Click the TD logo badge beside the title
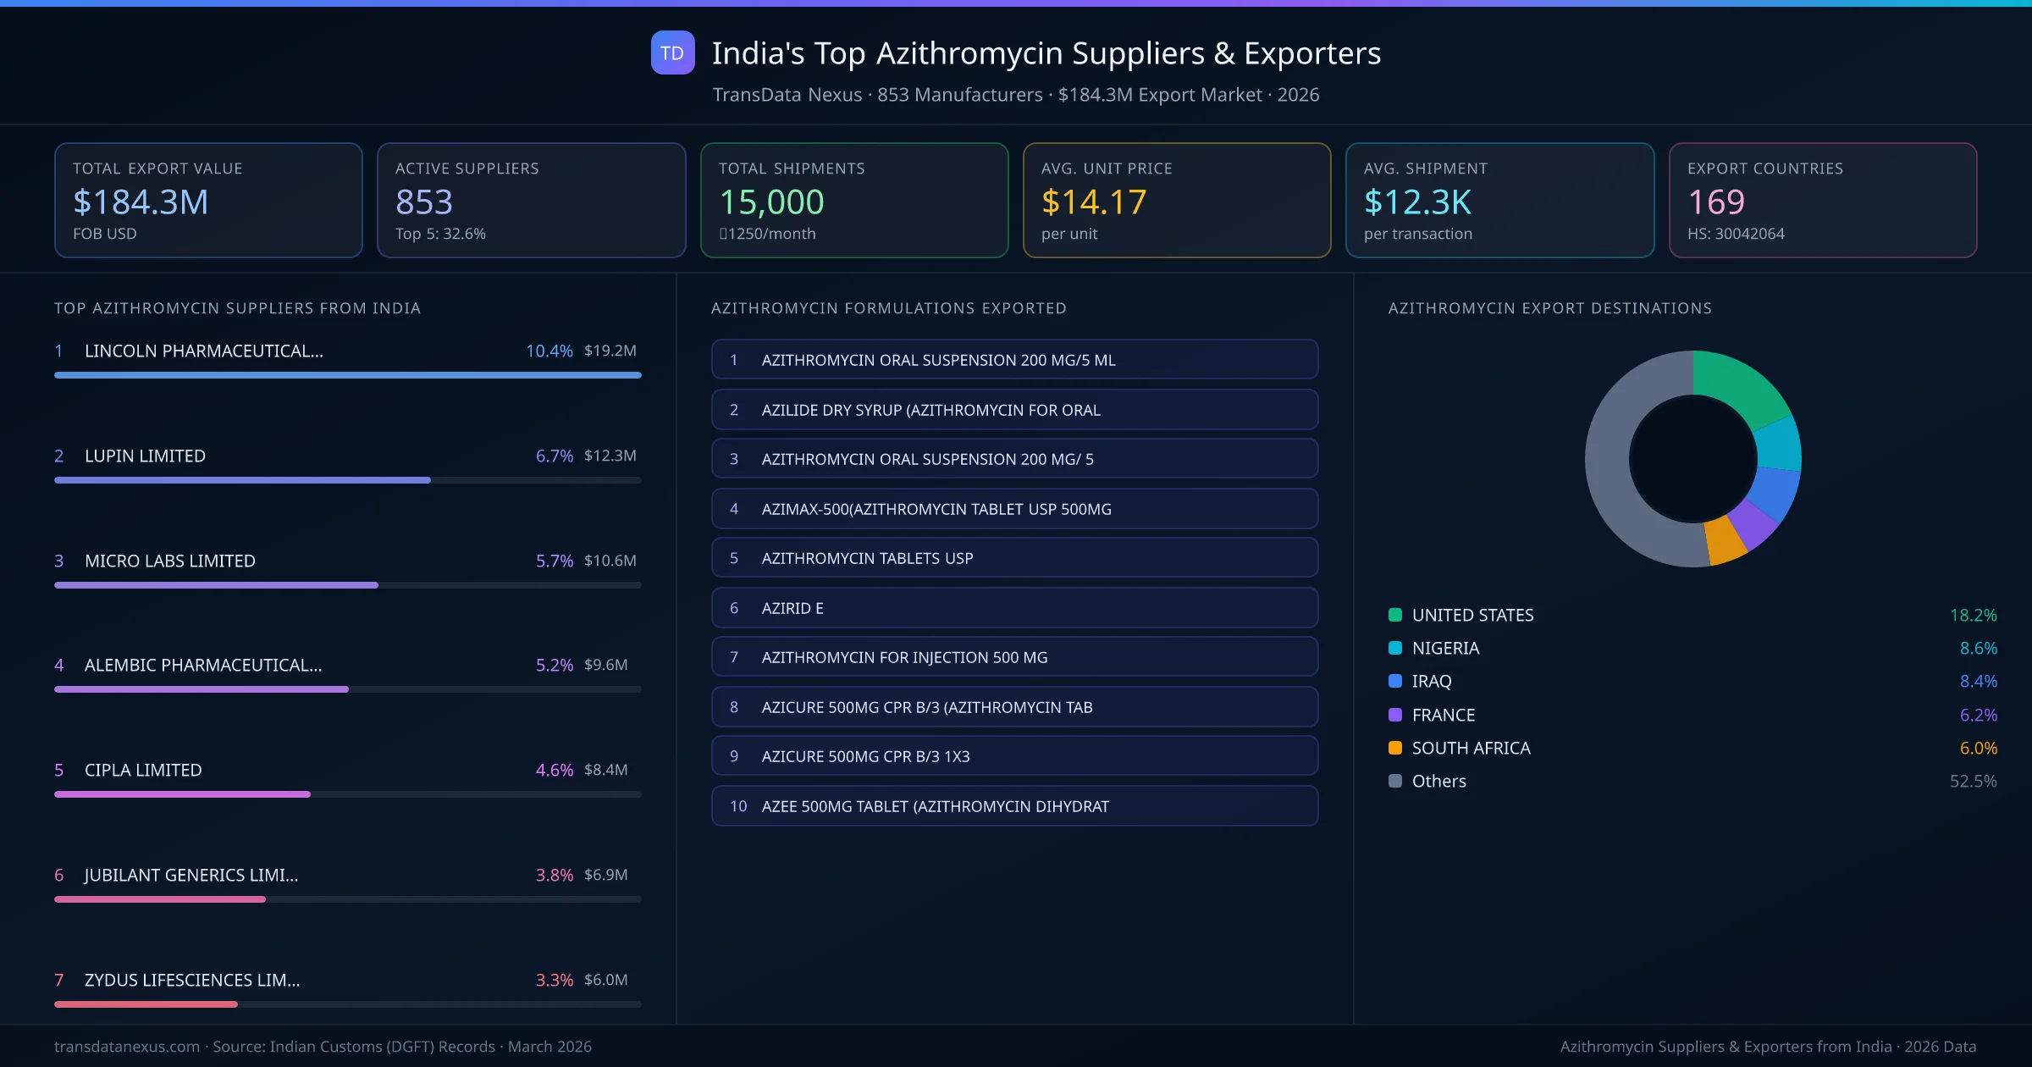pos(672,53)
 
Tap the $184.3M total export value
pos(141,202)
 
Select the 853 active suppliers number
pos(424,202)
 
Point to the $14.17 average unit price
pos(1093,202)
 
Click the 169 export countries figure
pos(1715,202)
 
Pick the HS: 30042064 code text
pos(1735,234)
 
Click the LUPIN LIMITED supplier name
pos(145,456)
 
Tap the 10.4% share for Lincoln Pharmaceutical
pos(549,351)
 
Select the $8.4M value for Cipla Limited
pos(605,770)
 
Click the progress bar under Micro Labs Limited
pos(216,585)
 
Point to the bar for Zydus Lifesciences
pos(146,1004)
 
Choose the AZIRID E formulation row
pos(1014,608)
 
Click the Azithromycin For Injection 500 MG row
pos(1014,657)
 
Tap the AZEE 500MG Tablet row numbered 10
pos(1014,806)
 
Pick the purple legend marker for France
pos(1395,715)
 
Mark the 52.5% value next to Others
pos(1973,781)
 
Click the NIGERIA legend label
pos(1445,648)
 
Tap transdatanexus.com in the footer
pos(127,1047)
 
